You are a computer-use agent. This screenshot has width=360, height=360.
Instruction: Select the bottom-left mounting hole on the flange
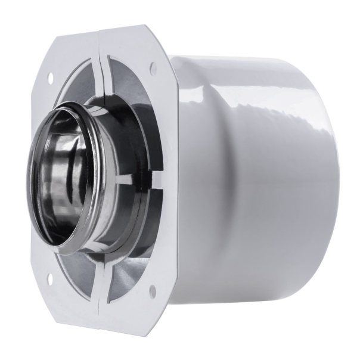pyautogui.click(x=48, y=277)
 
